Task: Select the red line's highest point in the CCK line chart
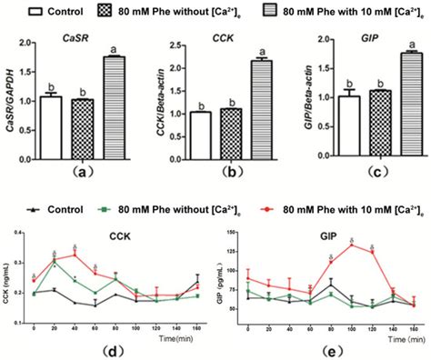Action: coord(75,255)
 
